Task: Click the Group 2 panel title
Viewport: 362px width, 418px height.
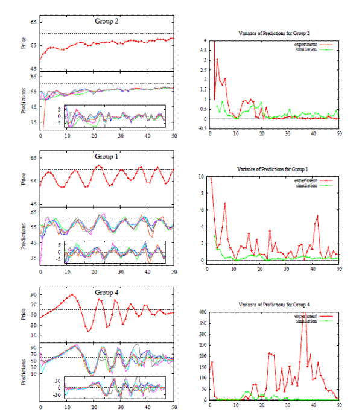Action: pyautogui.click(x=107, y=21)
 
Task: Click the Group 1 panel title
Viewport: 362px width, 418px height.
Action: pyautogui.click(x=107, y=157)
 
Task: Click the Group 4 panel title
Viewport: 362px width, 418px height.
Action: pyautogui.click(x=107, y=293)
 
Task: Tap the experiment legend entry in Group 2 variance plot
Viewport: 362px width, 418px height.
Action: pyautogui.click(x=306, y=45)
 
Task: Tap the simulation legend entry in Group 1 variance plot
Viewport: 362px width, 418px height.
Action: pyautogui.click(x=306, y=186)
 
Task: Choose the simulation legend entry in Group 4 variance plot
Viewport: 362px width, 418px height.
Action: pyautogui.click(x=306, y=321)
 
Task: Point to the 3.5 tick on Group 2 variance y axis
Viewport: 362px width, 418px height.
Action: pyautogui.click(x=203, y=50)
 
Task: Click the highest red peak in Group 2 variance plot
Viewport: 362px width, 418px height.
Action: pyautogui.click(x=217, y=59)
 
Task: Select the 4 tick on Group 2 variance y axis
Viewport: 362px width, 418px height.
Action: pyautogui.click(x=205, y=40)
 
